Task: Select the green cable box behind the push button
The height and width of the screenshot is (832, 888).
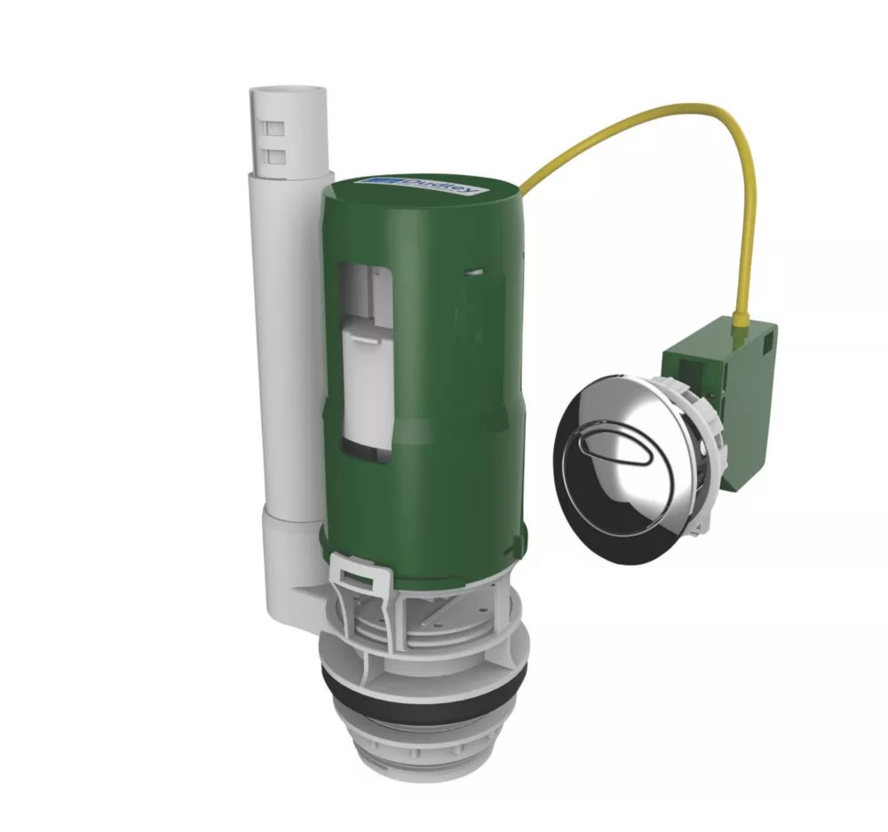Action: click(x=719, y=400)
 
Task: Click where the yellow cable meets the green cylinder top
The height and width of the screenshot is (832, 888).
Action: click(x=522, y=189)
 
